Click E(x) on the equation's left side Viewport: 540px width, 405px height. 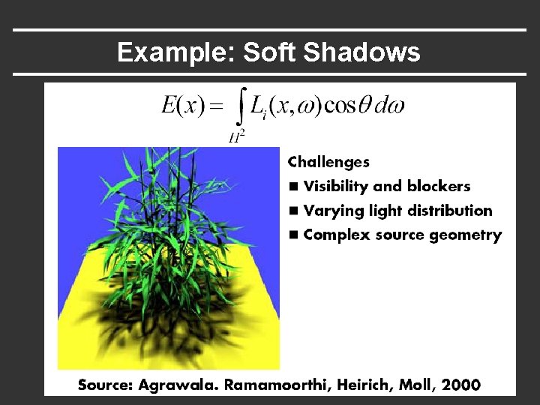(x=183, y=106)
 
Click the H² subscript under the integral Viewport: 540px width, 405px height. (x=237, y=136)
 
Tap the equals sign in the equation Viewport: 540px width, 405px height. (x=216, y=107)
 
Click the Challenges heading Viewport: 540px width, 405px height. (x=328, y=162)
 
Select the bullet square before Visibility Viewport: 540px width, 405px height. (x=293, y=187)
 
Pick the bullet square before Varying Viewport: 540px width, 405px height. (x=293, y=211)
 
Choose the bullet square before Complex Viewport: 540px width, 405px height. (x=293, y=235)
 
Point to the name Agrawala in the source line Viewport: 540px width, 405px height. (x=175, y=385)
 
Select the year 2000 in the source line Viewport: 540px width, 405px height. (x=461, y=385)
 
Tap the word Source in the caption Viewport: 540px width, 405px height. (x=106, y=385)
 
